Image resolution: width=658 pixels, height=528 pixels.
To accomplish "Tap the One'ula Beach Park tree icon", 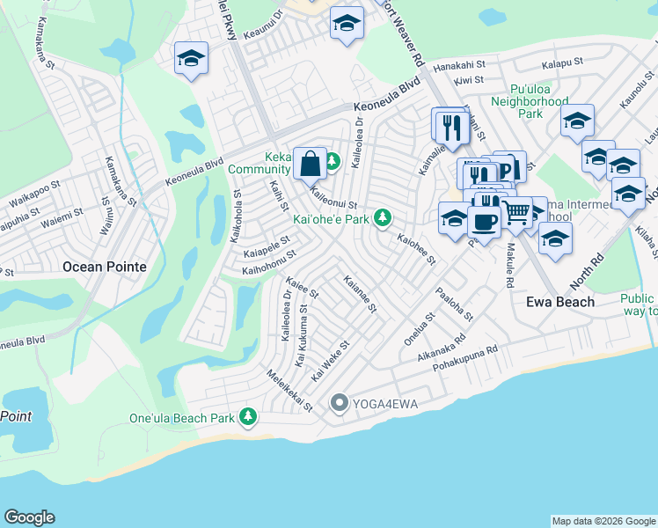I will point(249,415).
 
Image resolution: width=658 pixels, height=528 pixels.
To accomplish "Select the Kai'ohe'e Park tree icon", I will point(383,216).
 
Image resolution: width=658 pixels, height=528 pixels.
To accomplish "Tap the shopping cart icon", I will point(516,211).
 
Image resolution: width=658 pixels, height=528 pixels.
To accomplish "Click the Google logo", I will point(29,517).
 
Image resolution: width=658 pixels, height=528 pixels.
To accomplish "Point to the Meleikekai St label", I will point(290,391).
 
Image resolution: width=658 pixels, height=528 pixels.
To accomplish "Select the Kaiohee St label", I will point(416,249).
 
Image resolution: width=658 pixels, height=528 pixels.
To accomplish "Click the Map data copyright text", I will point(603,521).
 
